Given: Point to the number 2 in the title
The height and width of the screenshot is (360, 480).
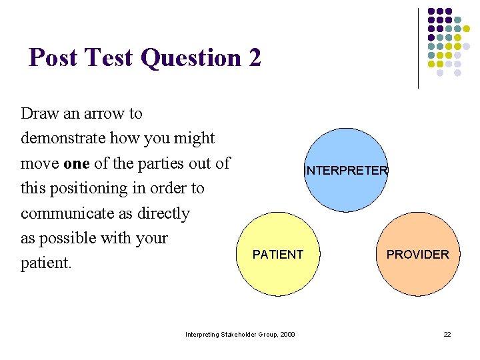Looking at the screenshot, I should click(x=254, y=58).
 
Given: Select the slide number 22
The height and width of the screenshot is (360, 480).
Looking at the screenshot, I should click(x=447, y=334).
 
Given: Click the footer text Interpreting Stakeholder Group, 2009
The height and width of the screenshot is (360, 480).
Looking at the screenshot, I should click(x=240, y=334).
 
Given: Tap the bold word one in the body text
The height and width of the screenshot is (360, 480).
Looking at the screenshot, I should click(x=77, y=163).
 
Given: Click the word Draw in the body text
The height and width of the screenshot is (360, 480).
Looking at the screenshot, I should click(x=40, y=113).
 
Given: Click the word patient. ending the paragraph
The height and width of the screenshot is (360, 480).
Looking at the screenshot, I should click(x=46, y=263).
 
